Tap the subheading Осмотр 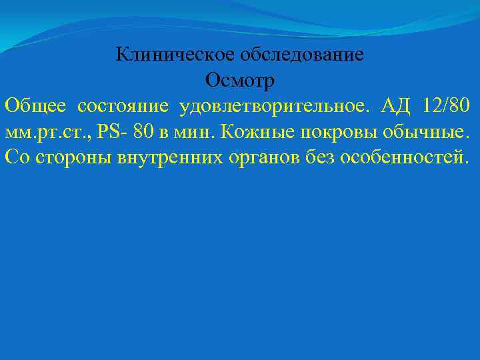click(239, 81)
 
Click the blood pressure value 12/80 click(447, 106)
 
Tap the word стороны click(72, 157)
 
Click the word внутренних click(177, 157)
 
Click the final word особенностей click(409, 157)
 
